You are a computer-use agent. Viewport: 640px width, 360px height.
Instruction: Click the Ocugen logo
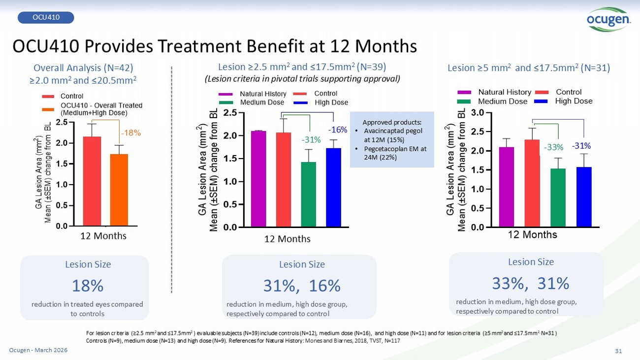click(609, 20)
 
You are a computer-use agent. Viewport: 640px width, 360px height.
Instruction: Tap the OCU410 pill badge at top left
click(46, 18)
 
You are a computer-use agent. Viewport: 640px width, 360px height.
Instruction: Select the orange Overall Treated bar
click(119, 190)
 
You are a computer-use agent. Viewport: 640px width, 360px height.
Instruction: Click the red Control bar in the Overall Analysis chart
click(92, 181)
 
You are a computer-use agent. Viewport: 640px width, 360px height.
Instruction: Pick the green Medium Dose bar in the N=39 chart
click(309, 194)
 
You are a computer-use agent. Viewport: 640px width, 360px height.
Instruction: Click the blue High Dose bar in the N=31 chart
click(583, 196)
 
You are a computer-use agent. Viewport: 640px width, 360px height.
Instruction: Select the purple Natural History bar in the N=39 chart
click(258, 178)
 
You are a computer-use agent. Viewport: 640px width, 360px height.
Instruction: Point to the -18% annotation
click(131, 132)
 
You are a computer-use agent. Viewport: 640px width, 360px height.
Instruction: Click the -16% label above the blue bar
click(338, 130)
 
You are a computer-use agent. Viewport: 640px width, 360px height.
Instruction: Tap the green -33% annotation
click(553, 147)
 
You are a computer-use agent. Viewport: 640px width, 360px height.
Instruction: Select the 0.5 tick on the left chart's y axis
click(62, 205)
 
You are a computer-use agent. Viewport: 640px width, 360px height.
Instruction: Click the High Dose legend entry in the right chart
click(574, 101)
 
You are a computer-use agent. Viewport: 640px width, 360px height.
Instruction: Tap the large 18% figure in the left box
click(87, 286)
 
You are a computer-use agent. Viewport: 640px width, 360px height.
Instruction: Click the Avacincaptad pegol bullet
click(391, 135)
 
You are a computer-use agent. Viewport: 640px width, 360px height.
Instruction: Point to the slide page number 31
click(619, 351)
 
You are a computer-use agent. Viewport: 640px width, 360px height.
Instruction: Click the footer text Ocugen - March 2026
click(38, 350)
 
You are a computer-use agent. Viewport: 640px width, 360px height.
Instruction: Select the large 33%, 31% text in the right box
click(531, 283)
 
